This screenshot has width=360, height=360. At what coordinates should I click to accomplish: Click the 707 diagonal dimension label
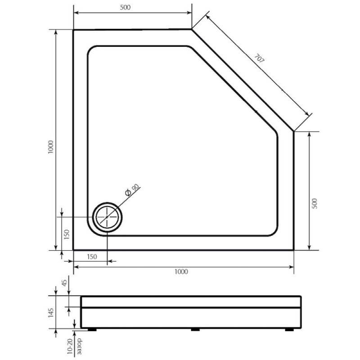coord(260,58)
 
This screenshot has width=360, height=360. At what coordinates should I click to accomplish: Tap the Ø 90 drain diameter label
coord(132,189)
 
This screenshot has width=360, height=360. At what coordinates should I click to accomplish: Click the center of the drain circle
coord(107,217)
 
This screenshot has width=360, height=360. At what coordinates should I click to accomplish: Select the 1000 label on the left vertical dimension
coord(51,147)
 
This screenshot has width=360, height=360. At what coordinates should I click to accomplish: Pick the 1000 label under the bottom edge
coord(181,272)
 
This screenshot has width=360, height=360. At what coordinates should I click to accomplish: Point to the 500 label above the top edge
coord(125,7)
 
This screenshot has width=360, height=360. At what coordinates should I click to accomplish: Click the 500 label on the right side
coord(315,203)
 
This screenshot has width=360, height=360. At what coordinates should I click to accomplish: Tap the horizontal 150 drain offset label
coord(92,256)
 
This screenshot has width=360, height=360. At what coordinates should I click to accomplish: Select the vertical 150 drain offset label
coord(67,234)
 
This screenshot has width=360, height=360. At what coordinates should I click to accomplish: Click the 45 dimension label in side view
coord(64,283)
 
